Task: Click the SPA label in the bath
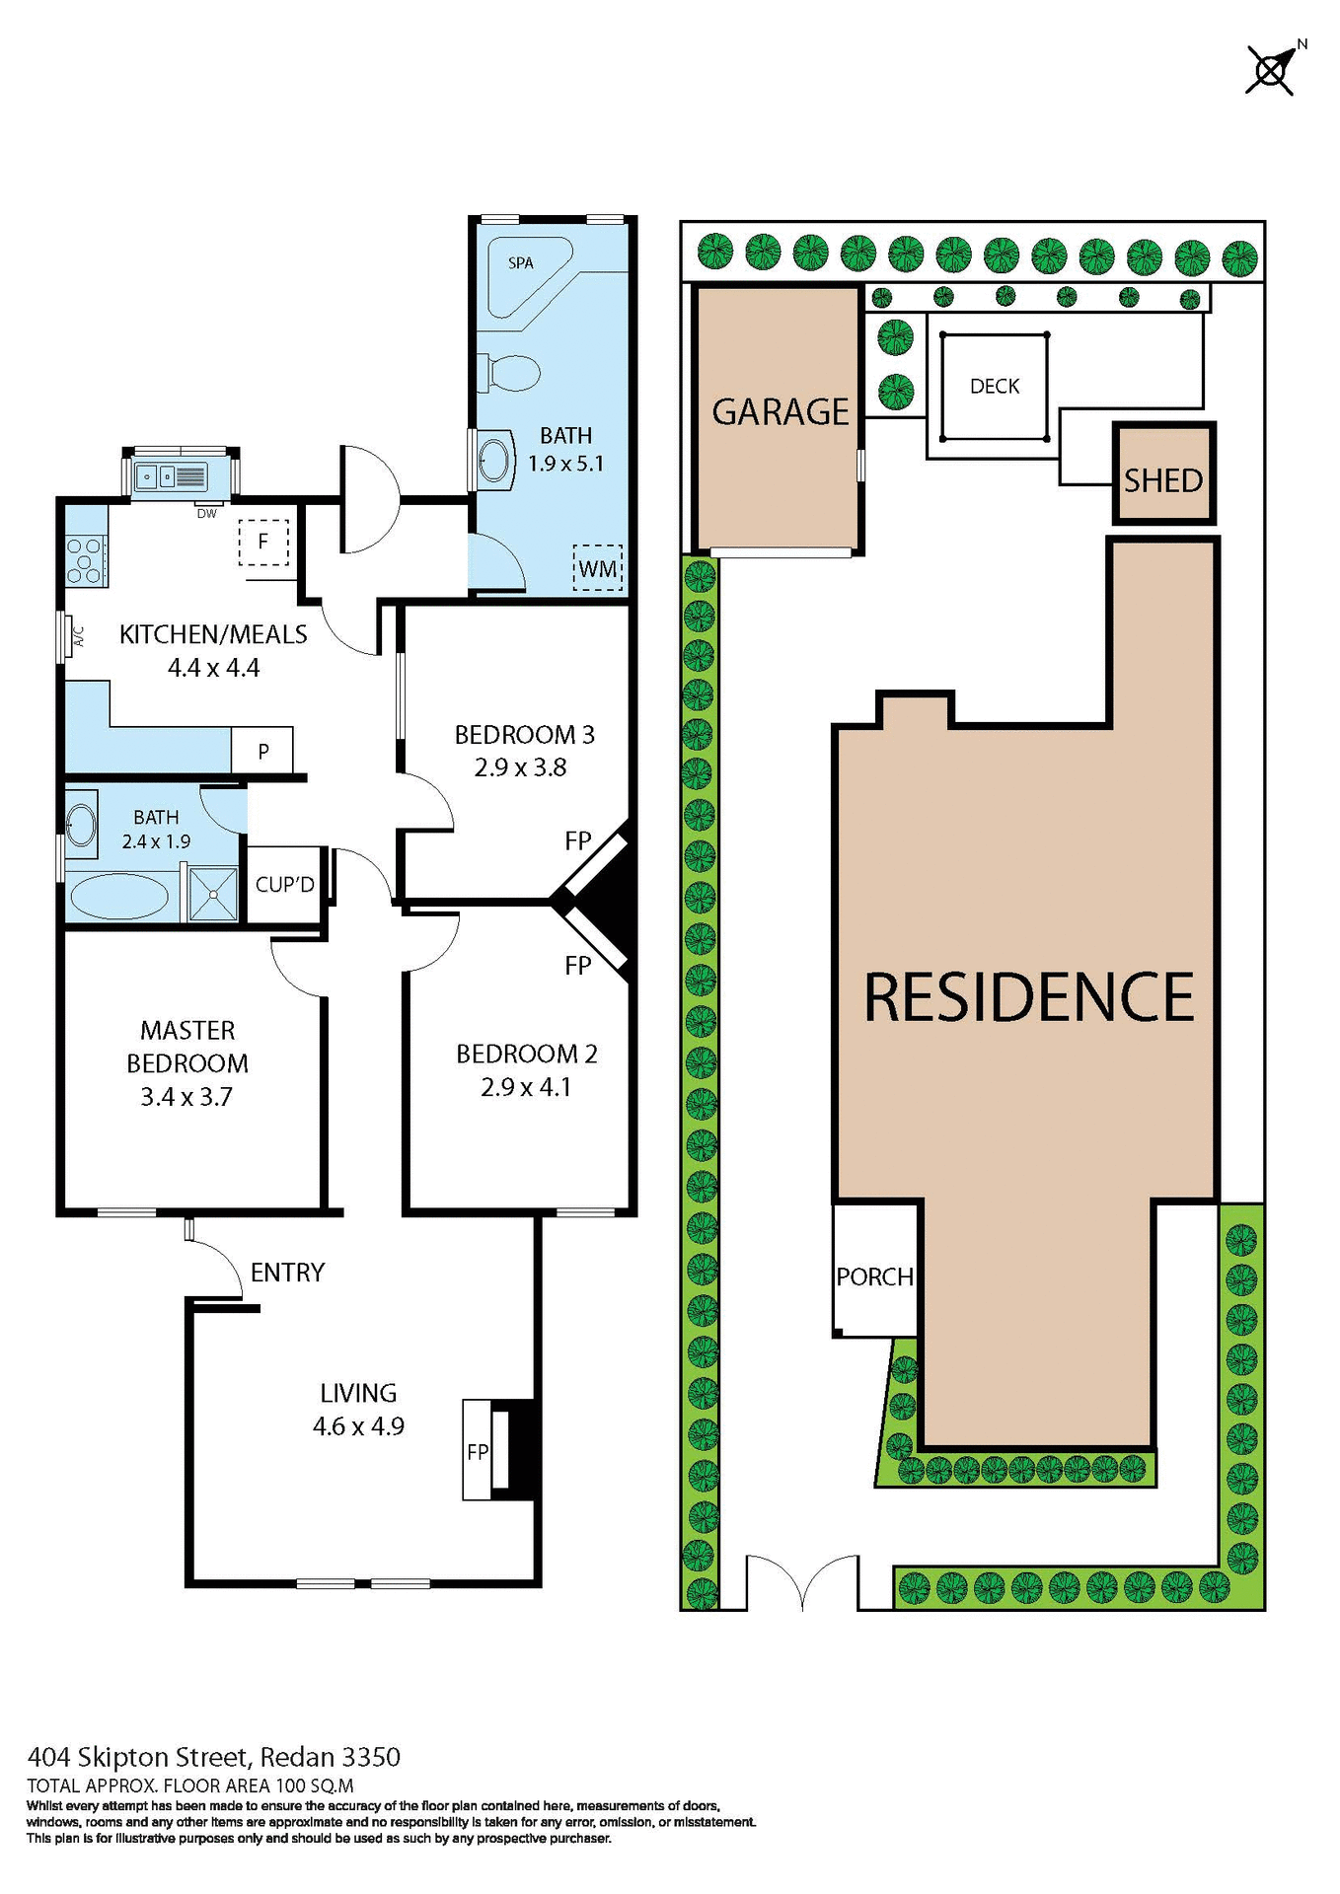520,263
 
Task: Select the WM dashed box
598,568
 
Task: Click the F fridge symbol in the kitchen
263,542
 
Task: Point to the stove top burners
85,558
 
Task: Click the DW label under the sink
206,514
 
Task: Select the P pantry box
262,751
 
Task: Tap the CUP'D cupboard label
284,885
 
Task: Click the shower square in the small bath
213,894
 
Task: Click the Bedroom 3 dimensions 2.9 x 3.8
520,767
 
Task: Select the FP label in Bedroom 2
578,965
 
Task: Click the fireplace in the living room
501,1450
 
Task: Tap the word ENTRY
287,1273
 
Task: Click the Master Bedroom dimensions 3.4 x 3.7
186,1097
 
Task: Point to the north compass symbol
1271,69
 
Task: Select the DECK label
995,387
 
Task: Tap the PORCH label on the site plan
874,1276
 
